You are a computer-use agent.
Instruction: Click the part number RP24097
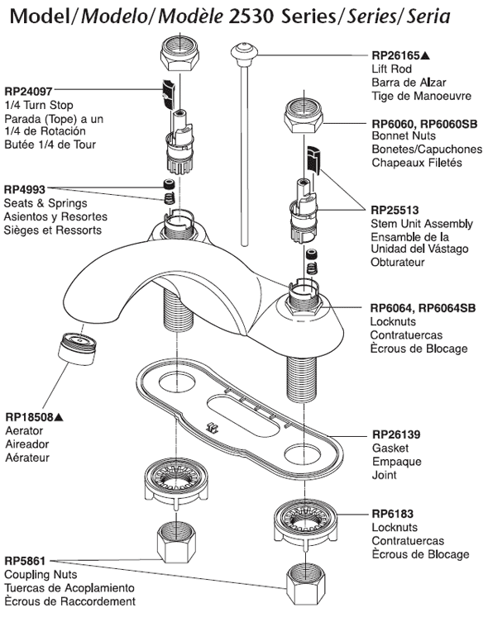[28, 92]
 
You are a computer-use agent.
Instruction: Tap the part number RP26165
[395, 56]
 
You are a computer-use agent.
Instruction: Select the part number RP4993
[25, 189]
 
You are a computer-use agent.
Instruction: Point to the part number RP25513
[395, 210]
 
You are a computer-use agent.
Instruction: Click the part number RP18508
[29, 417]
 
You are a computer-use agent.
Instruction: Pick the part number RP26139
[396, 434]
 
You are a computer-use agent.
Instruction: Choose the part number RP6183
[393, 514]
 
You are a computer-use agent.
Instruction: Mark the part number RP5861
[25, 561]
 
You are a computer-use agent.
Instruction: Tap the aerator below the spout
[77, 349]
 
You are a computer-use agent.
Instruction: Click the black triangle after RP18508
[59, 416]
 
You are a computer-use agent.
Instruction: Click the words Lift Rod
[391, 69]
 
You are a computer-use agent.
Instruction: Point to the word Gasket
[390, 449]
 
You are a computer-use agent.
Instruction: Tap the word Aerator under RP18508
[24, 430]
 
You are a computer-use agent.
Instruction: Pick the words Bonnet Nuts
[404, 135]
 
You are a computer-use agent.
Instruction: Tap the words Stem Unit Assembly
[422, 224]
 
